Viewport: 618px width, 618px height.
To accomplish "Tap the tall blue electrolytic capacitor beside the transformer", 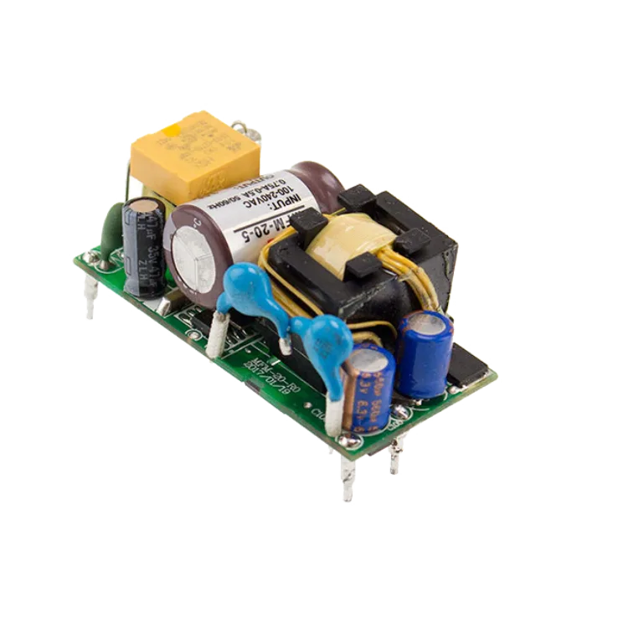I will tap(424, 353).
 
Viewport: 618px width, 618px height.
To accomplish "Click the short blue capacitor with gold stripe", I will tap(366, 385).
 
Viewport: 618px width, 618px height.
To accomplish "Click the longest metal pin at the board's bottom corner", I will tap(348, 481).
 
